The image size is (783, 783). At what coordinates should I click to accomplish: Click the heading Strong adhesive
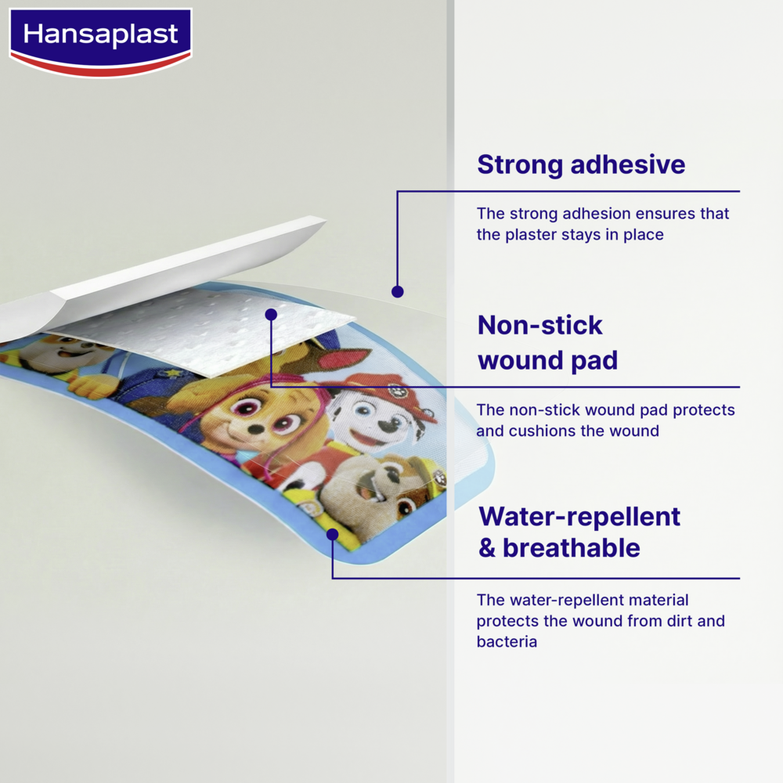[581, 165]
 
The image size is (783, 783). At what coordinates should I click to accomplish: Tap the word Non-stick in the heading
[540, 325]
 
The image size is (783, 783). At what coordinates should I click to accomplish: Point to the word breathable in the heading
[571, 548]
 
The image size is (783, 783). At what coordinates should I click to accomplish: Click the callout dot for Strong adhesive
[398, 291]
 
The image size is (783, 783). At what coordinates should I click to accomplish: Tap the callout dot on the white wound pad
[271, 314]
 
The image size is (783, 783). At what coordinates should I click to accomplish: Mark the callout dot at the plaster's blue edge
[332, 534]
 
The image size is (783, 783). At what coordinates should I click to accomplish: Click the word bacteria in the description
[507, 642]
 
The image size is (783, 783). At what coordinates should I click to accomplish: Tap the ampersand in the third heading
[487, 549]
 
